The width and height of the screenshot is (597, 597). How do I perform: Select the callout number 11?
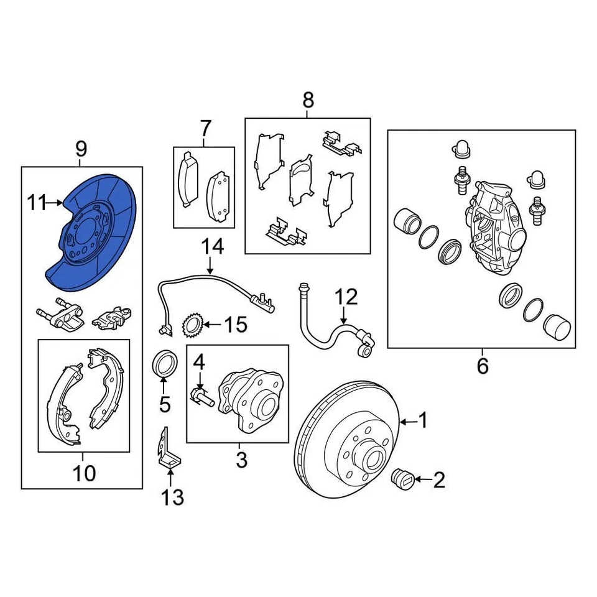(x=36, y=202)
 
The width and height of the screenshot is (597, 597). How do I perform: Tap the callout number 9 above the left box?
(x=81, y=149)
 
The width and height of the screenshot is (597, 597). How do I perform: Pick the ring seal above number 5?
(x=165, y=364)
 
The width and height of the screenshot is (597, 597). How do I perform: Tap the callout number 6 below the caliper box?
(x=483, y=366)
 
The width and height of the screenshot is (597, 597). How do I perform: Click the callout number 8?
(x=308, y=99)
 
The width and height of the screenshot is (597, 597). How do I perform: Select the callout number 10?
(x=84, y=473)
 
